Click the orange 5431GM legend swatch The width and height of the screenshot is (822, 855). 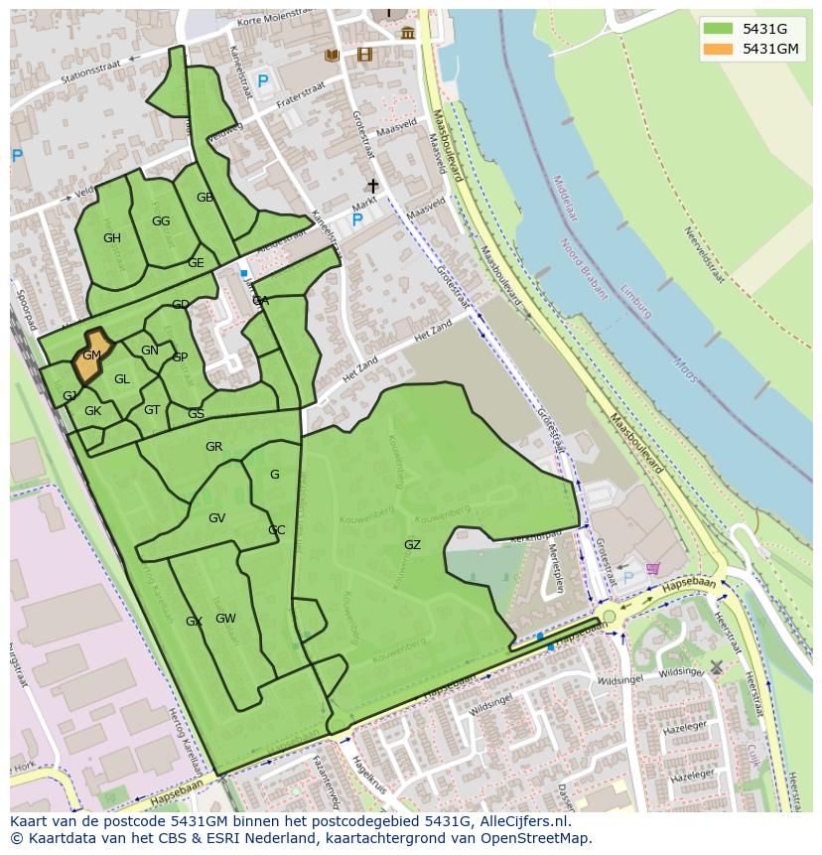point(720,49)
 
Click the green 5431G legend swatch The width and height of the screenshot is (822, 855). point(720,29)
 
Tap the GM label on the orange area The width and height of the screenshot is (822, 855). point(91,356)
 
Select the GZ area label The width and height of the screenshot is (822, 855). point(412,545)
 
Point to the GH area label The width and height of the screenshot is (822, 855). point(112,238)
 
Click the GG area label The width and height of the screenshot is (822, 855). point(161,221)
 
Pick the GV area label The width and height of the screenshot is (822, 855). point(216,518)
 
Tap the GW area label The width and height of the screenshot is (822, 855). point(225,619)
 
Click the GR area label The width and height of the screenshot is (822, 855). point(213,447)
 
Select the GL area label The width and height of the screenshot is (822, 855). point(122,379)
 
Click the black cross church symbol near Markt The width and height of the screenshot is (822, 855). point(373,186)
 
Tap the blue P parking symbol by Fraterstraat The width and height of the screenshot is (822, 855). point(263,82)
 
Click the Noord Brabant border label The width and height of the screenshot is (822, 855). point(584,268)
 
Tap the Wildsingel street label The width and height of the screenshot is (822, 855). point(621,681)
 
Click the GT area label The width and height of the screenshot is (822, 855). point(152,410)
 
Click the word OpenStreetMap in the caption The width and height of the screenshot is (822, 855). point(537,838)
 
